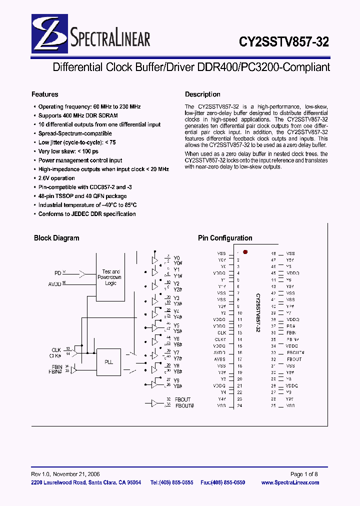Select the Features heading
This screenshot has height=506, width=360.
pos(45,94)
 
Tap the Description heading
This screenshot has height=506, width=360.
pos(202,94)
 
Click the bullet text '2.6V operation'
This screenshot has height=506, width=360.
pos(56,178)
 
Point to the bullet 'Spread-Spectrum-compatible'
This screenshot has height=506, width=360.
pos(75,133)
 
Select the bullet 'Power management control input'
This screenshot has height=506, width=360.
pos(80,160)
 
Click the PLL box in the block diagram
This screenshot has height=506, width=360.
pos(108,362)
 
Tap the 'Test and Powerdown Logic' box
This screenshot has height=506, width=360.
pos(110,277)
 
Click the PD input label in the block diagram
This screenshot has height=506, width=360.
pos(57,273)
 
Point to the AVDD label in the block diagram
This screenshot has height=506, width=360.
pos(54,283)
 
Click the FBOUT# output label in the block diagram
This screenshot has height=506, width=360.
pos(184,405)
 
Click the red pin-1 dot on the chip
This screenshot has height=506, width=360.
pos(245,252)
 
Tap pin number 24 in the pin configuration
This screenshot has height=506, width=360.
pos(239,405)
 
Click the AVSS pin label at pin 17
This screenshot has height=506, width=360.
pos(220,359)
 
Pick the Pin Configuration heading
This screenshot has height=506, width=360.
pos(225,238)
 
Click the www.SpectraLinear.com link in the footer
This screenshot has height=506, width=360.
pos(290,482)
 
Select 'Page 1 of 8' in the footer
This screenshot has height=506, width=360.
pos(304,474)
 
